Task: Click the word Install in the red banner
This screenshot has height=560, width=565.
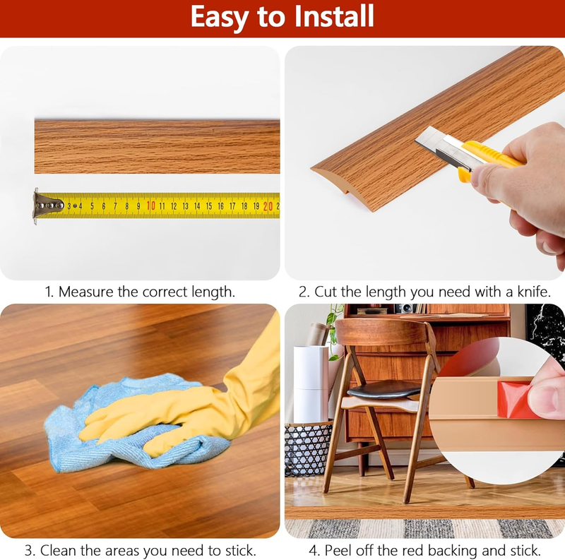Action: (334, 16)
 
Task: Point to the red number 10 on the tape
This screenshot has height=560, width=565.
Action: (151, 205)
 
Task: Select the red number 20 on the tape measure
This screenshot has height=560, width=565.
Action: (268, 206)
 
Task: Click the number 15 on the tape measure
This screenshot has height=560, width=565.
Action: (208, 206)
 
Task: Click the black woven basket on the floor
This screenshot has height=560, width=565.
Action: (309, 448)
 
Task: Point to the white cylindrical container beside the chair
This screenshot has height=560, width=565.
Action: (311, 384)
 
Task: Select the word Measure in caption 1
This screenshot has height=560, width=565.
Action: (86, 292)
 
